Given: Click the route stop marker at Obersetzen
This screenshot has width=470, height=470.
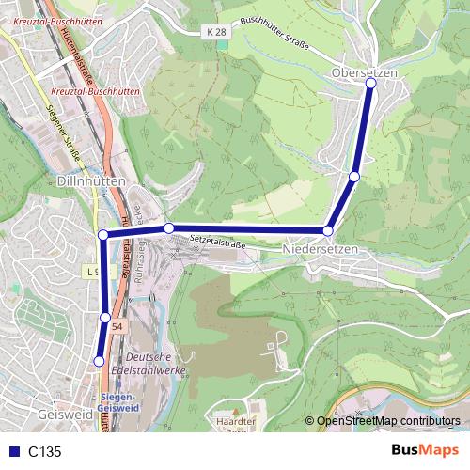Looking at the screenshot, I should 370,84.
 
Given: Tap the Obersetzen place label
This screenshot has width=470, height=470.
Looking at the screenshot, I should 365,72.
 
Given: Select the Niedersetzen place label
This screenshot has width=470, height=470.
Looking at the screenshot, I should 321,249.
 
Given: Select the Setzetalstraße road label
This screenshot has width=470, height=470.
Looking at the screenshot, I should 217,241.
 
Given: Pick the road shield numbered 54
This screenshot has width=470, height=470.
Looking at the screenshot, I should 116,325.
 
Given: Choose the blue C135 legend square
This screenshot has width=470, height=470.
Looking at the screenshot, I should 12,452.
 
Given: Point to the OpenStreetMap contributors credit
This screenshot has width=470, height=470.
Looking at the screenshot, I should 388,422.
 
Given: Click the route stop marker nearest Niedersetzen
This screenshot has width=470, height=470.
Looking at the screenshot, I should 328,230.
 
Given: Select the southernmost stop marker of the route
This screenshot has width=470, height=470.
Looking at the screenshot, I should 99,360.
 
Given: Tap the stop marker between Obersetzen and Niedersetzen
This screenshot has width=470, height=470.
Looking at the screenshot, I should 354,176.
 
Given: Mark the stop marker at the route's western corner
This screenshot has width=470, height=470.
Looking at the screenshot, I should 103,234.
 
